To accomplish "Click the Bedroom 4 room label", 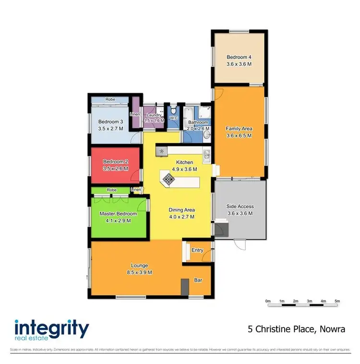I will click(239, 57).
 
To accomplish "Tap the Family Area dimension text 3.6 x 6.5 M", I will click(239, 135).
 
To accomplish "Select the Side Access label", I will click(240, 206).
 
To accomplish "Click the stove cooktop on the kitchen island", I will click(169, 179).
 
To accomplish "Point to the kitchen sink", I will click(206, 154).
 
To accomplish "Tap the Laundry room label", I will click(154, 115).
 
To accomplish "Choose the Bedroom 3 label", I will click(111, 121).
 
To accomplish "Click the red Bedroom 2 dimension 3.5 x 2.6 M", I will click(115, 169).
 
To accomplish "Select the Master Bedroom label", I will click(118, 214).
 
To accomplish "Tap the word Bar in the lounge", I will click(198, 279).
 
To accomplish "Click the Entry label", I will click(197, 250).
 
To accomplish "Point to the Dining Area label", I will click(181, 210).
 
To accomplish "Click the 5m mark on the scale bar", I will click(337, 301).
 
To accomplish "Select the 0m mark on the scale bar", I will click(268, 301).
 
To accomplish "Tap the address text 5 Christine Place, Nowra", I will click(296, 329).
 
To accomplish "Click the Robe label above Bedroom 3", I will click(111, 99).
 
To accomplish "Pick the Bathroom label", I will click(198, 122).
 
